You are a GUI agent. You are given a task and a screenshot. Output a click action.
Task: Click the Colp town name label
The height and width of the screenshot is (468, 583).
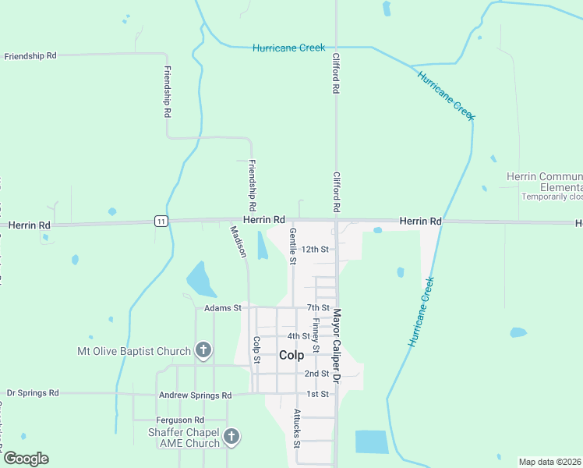pyautogui.click(x=291, y=355)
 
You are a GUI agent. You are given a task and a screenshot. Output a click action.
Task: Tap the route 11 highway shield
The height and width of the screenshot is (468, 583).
pyautogui.click(x=161, y=221)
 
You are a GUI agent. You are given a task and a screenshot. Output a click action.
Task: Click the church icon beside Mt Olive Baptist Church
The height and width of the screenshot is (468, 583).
pyautogui.click(x=203, y=350)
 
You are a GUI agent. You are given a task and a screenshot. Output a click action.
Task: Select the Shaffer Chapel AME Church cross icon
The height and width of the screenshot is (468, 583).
pyautogui.click(x=231, y=437)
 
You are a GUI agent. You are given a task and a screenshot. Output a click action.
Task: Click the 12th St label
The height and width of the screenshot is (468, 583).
pyautogui.click(x=316, y=249)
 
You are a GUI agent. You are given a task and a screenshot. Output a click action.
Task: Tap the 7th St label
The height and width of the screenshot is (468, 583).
pyautogui.click(x=319, y=308)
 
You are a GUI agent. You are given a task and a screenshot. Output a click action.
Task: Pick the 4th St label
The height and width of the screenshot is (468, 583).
pyautogui.click(x=299, y=336)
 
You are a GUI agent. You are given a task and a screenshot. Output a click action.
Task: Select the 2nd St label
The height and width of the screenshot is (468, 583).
pyautogui.click(x=316, y=374)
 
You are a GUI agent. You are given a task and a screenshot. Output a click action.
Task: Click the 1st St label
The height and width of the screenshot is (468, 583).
pyautogui.click(x=317, y=394)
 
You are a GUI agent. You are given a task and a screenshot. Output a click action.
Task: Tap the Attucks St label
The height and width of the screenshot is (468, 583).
pyautogui.click(x=297, y=427)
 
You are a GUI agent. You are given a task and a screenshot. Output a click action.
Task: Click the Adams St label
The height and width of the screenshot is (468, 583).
pyautogui.click(x=223, y=308)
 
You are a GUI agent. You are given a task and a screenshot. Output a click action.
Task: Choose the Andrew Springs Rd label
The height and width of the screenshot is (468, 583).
pyautogui.click(x=195, y=395)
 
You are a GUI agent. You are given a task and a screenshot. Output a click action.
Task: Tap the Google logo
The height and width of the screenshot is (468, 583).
pyautogui.click(x=26, y=458)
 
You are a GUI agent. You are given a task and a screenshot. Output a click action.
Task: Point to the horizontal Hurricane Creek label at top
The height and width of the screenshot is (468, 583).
pyautogui.click(x=288, y=48)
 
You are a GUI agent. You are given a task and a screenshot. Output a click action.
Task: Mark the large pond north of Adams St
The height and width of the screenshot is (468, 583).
pyautogui.click(x=201, y=280)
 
